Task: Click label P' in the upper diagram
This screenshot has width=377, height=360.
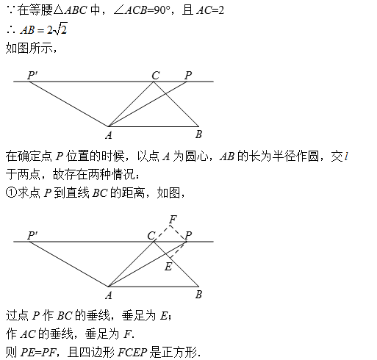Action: pyautogui.click(x=32, y=75)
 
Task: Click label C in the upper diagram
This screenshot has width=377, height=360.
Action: pyautogui.click(x=156, y=76)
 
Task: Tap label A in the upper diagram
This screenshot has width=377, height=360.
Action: pyautogui.click(x=109, y=135)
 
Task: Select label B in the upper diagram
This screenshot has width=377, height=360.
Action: pyautogui.click(x=198, y=134)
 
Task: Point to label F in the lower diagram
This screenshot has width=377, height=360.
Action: pyautogui.click(x=173, y=219)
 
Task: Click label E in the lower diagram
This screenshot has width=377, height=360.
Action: pyautogui.click(x=168, y=267)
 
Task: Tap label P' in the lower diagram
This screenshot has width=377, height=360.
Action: pyautogui.click(x=32, y=235)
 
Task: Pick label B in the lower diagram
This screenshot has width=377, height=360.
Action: pyautogui.click(x=198, y=295)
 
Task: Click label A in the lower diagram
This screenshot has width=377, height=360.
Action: pyautogui.click(x=109, y=295)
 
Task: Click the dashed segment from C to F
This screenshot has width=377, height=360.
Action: pyautogui.click(x=162, y=234)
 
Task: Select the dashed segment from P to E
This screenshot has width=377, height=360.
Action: pyautogui.click(x=178, y=250)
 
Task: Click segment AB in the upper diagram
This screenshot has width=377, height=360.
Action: pyautogui.click(x=154, y=126)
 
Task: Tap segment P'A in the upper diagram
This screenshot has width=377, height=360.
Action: pyautogui.click(x=69, y=104)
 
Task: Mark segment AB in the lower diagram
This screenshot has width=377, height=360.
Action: pyautogui.click(x=154, y=287)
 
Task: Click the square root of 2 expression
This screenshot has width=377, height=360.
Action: pyautogui.click(x=61, y=29)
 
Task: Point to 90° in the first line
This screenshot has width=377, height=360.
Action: pyautogui.click(x=162, y=10)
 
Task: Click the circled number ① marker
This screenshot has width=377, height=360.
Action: pyautogui.click(x=11, y=192)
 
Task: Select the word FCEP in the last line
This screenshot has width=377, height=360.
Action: pyautogui.click(x=132, y=353)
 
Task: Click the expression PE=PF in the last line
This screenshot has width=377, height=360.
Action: pyautogui.click(x=39, y=353)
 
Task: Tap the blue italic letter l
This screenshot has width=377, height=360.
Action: pyautogui.click(x=346, y=156)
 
